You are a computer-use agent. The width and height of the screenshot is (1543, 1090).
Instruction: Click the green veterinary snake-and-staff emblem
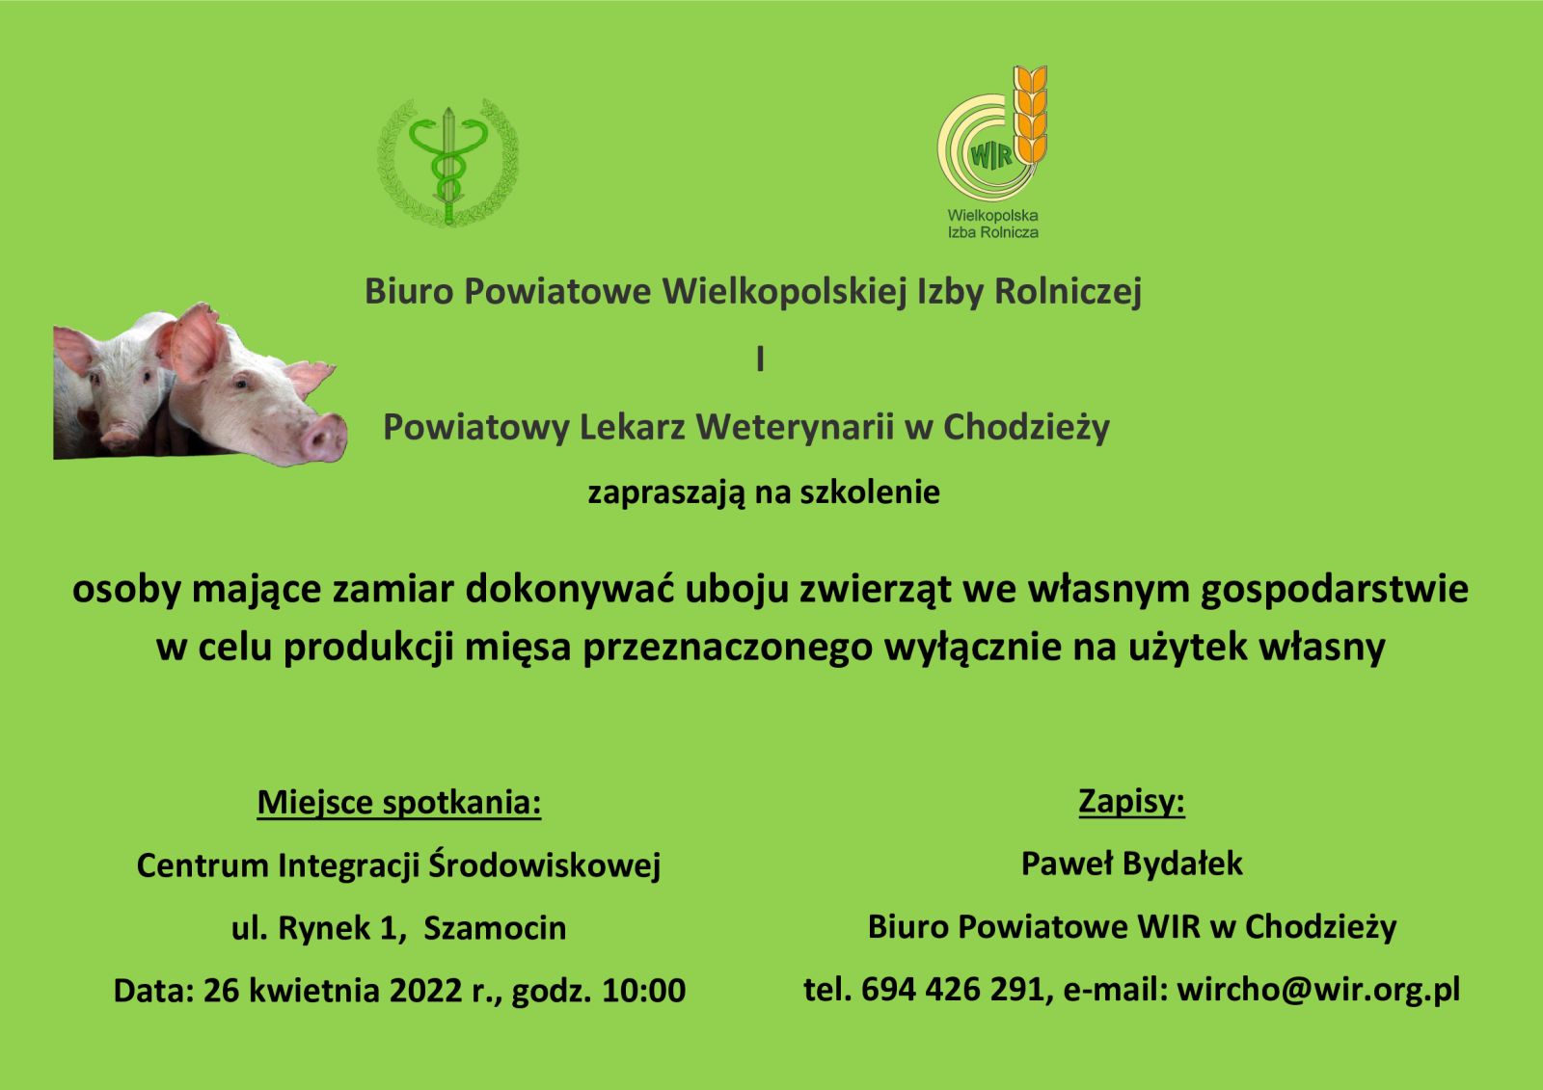[x=448, y=163]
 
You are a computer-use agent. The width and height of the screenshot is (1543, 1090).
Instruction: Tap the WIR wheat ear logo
[x=992, y=132]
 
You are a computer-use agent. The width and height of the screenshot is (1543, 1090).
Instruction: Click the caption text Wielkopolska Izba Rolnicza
[x=992, y=224]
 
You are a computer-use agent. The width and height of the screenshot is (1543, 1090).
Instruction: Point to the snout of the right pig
[x=324, y=437]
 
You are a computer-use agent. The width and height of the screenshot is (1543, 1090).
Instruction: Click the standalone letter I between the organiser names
[x=761, y=359]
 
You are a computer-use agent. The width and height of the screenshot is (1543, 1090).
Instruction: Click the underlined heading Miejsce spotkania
[x=399, y=803]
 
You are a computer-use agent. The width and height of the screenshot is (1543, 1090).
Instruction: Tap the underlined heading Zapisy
[x=1132, y=802]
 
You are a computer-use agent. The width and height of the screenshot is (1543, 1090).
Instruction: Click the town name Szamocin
[x=495, y=928]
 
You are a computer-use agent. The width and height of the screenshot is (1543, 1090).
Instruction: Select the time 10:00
[x=644, y=991]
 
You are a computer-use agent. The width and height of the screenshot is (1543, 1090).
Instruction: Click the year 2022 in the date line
[x=425, y=991]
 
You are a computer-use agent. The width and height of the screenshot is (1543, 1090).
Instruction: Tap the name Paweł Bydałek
[x=1132, y=864]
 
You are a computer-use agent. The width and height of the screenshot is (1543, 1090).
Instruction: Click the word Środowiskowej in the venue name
[x=544, y=864]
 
